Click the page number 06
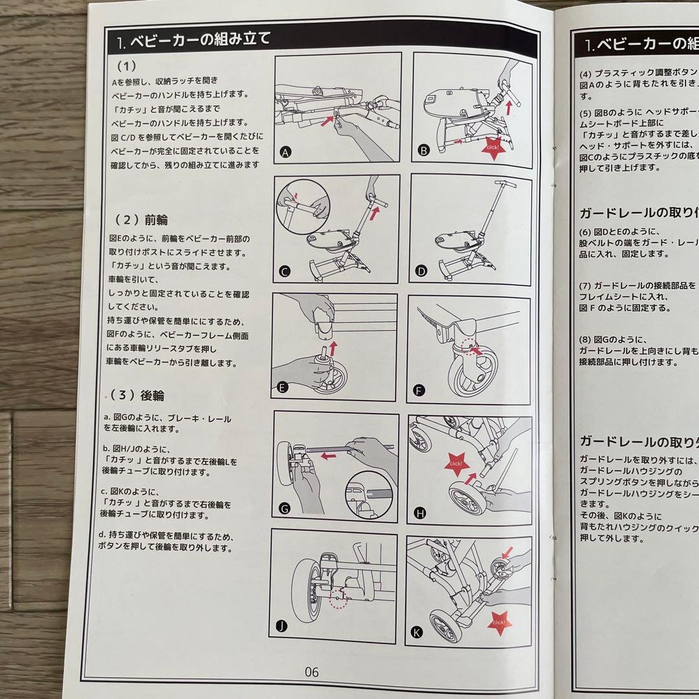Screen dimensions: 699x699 (x=311, y=672)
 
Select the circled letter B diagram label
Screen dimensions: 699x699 (x=424, y=151)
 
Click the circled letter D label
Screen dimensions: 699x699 (x=422, y=271)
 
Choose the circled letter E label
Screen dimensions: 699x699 (x=282, y=388)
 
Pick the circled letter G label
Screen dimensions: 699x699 (x=283, y=509)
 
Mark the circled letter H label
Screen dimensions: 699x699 (x=421, y=513)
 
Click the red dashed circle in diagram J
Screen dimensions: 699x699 (x=338, y=599)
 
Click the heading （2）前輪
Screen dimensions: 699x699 (x=142, y=219)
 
